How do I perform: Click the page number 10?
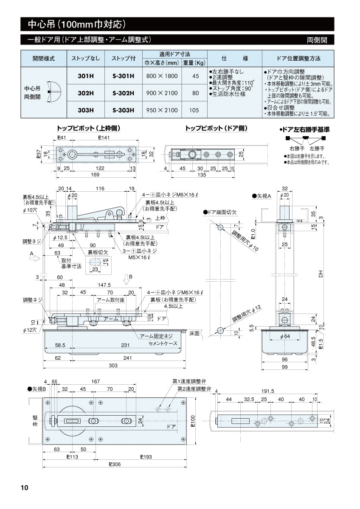[24, 487]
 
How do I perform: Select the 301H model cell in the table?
[86, 76]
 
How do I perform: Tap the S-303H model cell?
[124, 110]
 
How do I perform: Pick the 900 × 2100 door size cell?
[162, 93]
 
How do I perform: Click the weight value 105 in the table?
[194, 110]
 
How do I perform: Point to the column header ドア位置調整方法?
[298, 58]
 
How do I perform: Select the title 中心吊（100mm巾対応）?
[76, 24]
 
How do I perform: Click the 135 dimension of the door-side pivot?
[202, 174]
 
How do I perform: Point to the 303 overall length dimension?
[114, 365]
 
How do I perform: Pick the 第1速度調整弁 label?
[189, 381]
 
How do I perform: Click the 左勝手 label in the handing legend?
[316, 148]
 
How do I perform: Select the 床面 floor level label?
[195, 333]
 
